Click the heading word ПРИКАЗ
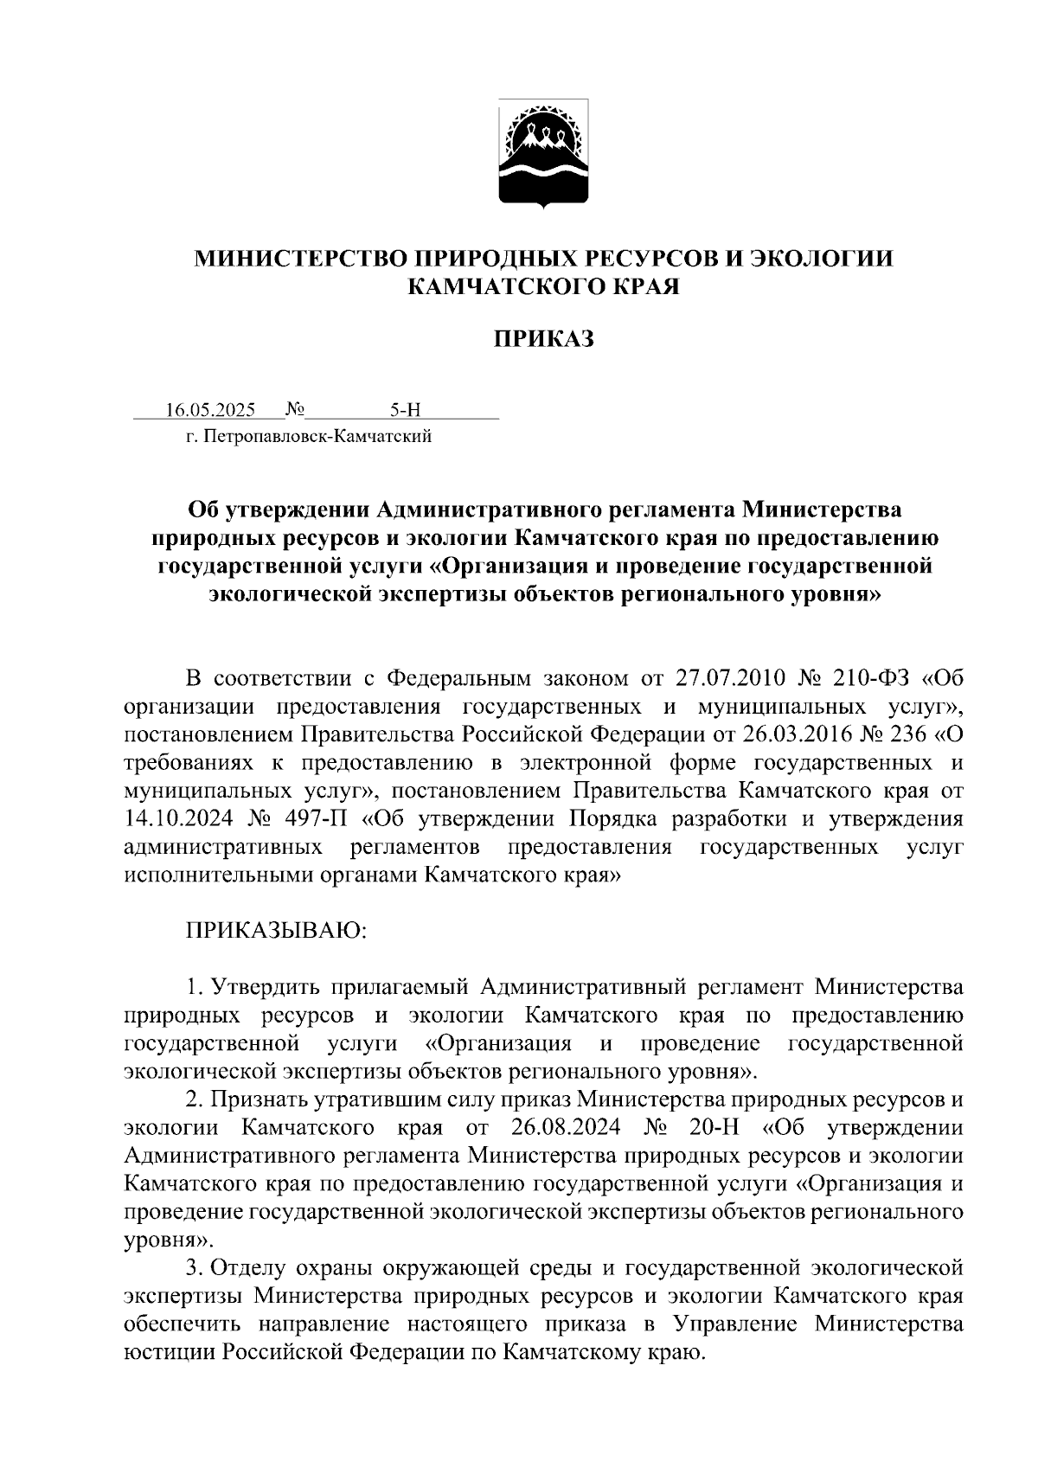coord(543,339)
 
